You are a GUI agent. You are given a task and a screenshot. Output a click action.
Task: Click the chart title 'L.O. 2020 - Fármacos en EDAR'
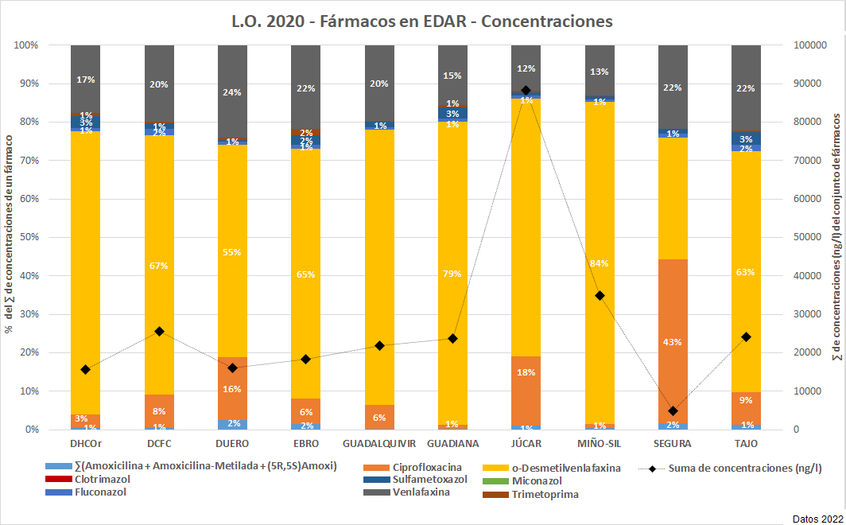422,21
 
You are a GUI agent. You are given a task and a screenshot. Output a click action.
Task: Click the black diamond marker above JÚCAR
526,91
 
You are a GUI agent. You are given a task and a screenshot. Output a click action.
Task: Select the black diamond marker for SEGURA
673,410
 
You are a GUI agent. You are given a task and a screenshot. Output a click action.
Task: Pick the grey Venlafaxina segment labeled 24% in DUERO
232,91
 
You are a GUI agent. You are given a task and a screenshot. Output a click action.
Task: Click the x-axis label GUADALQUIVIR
378,443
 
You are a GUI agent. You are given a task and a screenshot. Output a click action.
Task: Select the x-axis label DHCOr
85,443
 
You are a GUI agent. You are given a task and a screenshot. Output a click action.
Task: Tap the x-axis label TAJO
746,443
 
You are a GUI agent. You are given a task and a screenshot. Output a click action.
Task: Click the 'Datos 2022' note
818,516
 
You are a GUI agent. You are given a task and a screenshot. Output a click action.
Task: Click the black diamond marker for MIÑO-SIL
600,295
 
